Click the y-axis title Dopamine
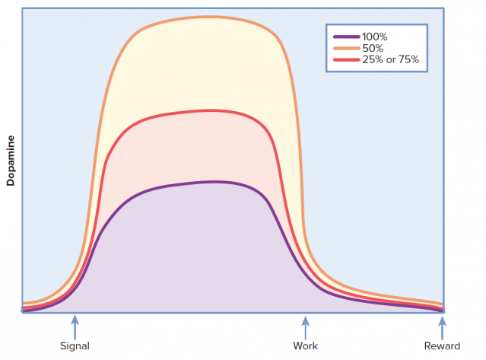coord(11,161)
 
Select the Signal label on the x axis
coord(75,346)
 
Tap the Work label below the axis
coord(305,346)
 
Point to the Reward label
coord(442,346)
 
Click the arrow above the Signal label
coord(75,327)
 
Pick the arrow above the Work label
coord(305,327)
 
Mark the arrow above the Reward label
coord(442,327)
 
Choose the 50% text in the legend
coord(372,48)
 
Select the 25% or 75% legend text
coord(390,59)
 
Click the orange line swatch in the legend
coord(346,48)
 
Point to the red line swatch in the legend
coord(346,59)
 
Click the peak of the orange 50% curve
coord(209,17)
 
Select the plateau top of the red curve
coord(209,111)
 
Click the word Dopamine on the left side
coord(11,161)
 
